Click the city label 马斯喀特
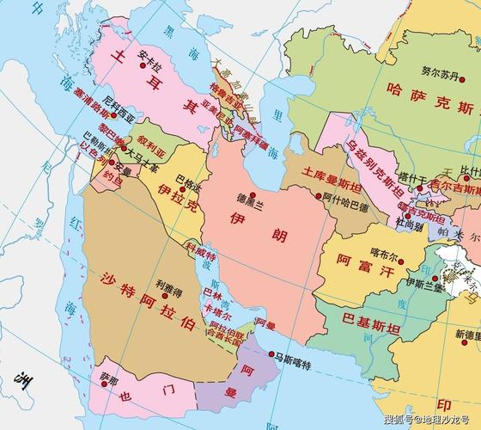(x=294, y=354)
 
